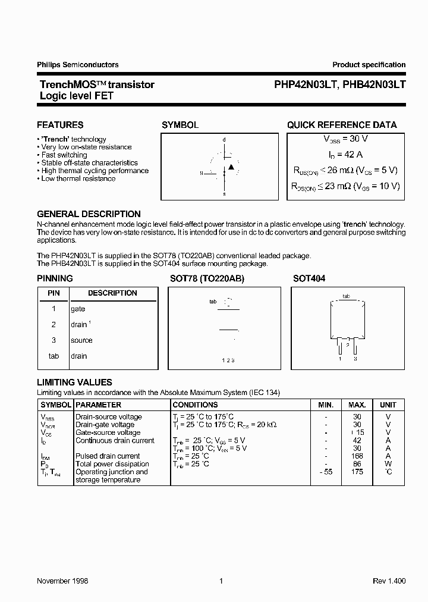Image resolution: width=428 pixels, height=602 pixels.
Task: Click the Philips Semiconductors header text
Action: pyautogui.click(x=78, y=65)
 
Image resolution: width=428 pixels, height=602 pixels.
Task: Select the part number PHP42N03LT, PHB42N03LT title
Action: pyautogui.click(x=339, y=84)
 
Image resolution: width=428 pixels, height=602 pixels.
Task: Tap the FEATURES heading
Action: pyautogui.click(x=60, y=125)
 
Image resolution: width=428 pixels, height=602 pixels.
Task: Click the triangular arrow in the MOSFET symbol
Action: pyautogui.click(x=231, y=167)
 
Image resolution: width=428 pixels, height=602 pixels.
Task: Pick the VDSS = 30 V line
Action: pyautogui.click(x=345, y=139)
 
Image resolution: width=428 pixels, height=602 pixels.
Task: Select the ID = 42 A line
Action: pyautogui.click(x=345, y=154)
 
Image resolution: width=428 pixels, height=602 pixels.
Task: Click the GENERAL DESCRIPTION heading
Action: pyautogui.click(x=89, y=214)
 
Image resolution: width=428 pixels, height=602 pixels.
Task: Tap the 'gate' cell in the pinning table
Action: pyautogui.click(x=78, y=309)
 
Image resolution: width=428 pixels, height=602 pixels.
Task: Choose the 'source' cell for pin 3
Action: pyautogui.click(x=81, y=340)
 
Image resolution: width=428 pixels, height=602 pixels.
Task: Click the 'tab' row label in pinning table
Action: pyautogui.click(x=53, y=356)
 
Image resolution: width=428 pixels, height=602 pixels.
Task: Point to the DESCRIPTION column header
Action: pyautogui.click(x=112, y=293)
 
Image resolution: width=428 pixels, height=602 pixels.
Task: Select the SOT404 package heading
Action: pyautogui.click(x=309, y=278)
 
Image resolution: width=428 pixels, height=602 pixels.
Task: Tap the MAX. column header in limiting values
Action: pyautogui.click(x=357, y=405)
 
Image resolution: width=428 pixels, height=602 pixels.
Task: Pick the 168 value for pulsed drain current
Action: pyautogui.click(x=357, y=456)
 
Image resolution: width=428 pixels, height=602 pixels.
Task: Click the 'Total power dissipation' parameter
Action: pyautogui.click(x=112, y=464)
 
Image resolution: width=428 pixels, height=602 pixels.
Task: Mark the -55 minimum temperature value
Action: pyautogui.click(x=325, y=472)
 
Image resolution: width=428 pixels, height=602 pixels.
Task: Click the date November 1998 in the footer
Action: pyautogui.click(x=62, y=581)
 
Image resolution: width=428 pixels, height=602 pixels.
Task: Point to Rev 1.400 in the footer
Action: pyautogui.click(x=389, y=581)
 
